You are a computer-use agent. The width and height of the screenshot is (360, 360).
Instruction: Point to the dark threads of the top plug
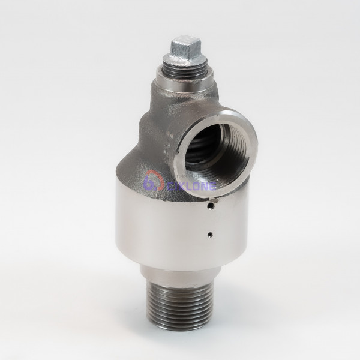click(180, 71)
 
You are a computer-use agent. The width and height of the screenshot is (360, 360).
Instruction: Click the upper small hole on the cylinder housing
click(210, 206)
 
